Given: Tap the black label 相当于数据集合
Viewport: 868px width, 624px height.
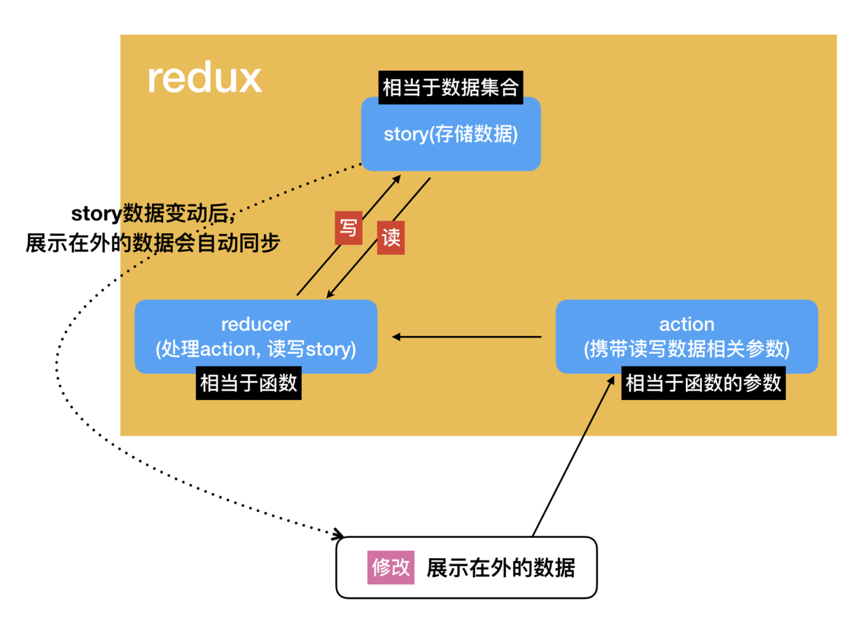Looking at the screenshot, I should tap(451, 88).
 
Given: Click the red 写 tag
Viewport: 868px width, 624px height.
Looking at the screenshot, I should tap(347, 227).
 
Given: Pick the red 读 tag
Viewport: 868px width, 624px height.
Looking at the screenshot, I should tap(391, 237).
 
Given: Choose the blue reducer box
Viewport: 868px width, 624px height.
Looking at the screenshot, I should tap(255, 336).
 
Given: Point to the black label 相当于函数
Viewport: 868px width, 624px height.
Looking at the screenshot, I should tap(248, 384).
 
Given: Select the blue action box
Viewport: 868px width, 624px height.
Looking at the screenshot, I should tap(686, 336).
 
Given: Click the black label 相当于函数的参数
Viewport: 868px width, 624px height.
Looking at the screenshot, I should tap(703, 384).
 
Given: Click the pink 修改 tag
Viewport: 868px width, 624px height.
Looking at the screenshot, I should tap(391, 567).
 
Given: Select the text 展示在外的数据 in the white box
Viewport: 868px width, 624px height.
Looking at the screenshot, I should tap(500, 567).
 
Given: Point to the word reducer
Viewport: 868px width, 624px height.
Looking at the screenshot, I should tap(255, 324).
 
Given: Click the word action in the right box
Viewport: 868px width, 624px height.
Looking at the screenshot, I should tap(687, 324).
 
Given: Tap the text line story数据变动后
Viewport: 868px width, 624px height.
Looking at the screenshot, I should tap(152, 213).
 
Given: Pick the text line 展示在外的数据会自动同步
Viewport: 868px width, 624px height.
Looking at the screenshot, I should tap(153, 242).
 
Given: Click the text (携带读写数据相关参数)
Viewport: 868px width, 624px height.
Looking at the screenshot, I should tap(687, 348).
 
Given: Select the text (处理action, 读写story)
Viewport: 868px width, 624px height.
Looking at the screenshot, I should tap(255, 348).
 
